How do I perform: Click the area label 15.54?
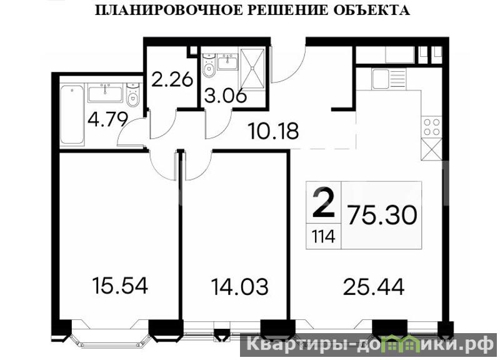(120, 286)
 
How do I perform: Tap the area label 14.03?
(239, 286)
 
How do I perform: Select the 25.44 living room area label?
(374, 286)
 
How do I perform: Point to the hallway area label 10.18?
(273, 131)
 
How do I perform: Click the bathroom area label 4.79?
(107, 119)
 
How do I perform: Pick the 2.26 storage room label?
(172, 79)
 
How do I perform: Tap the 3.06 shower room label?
(226, 96)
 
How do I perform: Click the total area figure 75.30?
(382, 215)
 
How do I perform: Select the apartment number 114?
(323, 237)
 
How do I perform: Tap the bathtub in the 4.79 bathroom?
(72, 114)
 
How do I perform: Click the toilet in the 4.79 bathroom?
(132, 95)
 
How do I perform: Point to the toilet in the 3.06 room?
(209, 66)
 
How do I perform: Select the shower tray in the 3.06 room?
(253, 68)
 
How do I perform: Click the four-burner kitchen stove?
(431, 127)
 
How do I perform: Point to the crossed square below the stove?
(431, 149)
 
